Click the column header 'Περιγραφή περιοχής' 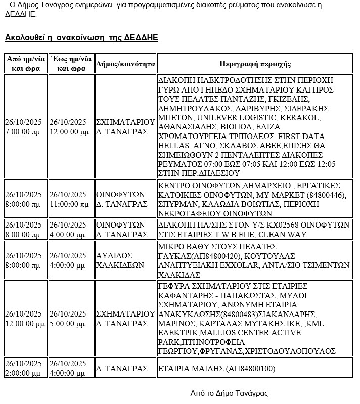click(255, 64)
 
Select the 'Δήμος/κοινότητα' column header click(125, 64)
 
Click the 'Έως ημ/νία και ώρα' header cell click(71, 64)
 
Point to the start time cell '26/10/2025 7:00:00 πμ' click(25, 127)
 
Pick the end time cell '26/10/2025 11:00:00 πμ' click(71, 199)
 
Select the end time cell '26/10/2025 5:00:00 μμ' click(71, 318)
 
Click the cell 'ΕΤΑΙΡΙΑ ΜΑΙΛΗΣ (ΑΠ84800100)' click(216, 369)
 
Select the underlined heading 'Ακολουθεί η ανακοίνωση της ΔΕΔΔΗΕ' click(81, 38)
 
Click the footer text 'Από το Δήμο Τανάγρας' click(229, 393)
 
